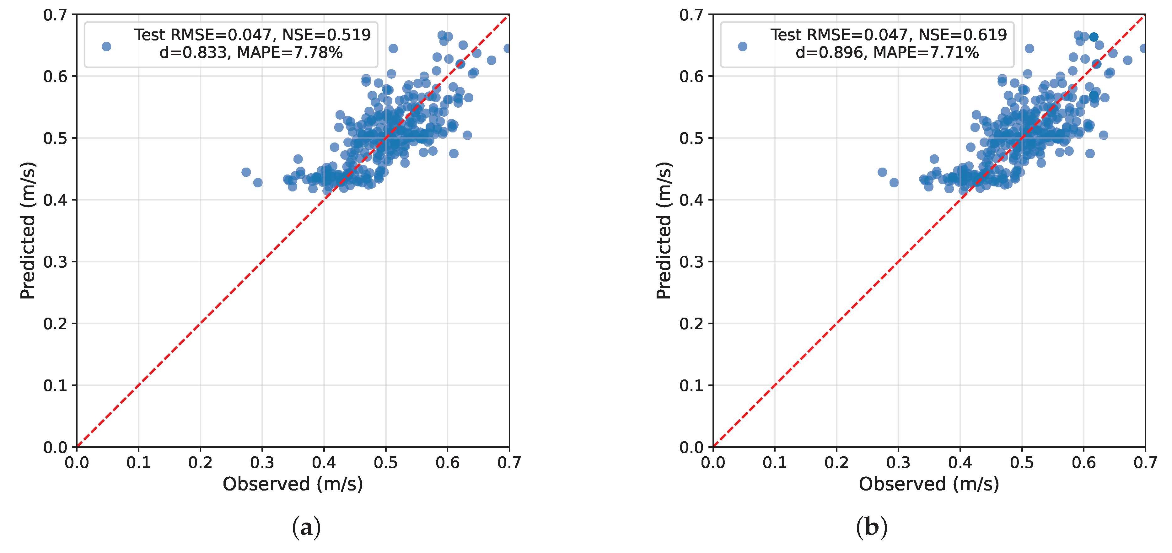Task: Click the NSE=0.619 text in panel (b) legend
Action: pyautogui.click(x=962, y=35)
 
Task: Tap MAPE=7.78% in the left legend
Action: pyautogui.click(x=290, y=53)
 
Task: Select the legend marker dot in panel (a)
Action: pyautogui.click(x=106, y=46)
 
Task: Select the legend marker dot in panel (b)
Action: pyautogui.click(x=743, y=46)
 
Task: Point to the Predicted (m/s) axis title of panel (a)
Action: pyautogui.click(x=27, y=231)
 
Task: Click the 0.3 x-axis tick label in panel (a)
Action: pyautogui.click(x=262, y=463)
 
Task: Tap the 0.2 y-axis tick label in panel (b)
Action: pyautogui.click(x=691, y=324)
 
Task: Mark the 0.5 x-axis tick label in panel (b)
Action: pyautogui.click(x=1022, y=463)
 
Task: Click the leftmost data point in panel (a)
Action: pyautogui.click(x=246, y=172)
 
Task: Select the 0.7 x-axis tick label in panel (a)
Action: pyautogui.click(x=509, y=463)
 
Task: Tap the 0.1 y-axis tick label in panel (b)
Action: pyautogui.click(x=691, y=386)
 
